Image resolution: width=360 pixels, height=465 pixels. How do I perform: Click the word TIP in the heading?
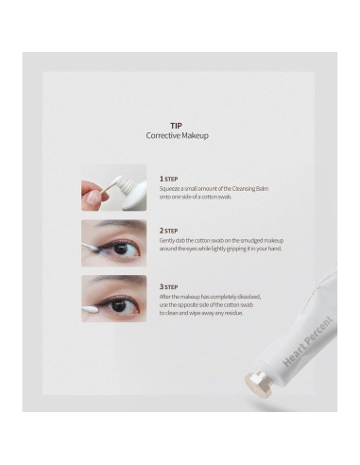point(176,125)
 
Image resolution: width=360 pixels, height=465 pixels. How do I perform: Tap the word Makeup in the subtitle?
point(195,136)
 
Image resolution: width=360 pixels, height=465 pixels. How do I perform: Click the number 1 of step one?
point(162,177)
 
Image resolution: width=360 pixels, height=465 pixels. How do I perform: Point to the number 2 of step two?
point(162,229)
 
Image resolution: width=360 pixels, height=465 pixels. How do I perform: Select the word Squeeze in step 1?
point(172,188)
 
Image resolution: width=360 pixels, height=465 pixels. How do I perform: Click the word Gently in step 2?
point(169,240)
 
